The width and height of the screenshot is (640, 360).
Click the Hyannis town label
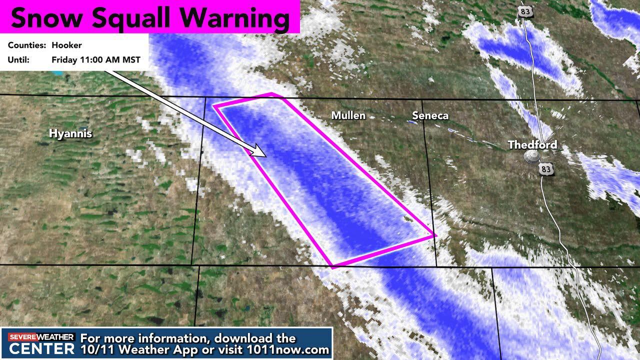tap(70, 133)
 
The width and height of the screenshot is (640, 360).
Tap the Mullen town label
tap(348, 115)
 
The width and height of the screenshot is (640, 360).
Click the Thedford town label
tap(532, 145)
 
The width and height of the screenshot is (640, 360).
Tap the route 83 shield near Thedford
tap(546, 169)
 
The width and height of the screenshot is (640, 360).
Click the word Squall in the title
tap(129, 18)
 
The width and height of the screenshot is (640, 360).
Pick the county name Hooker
tap(66, 45)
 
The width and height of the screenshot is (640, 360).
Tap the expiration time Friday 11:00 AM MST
tap(96, 60)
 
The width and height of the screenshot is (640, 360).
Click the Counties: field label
tap(27, 45)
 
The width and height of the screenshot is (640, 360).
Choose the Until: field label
tap(18, 60)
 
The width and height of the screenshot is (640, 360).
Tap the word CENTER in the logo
tap(41, 348)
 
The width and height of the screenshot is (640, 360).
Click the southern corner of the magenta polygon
tap(332, 267)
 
